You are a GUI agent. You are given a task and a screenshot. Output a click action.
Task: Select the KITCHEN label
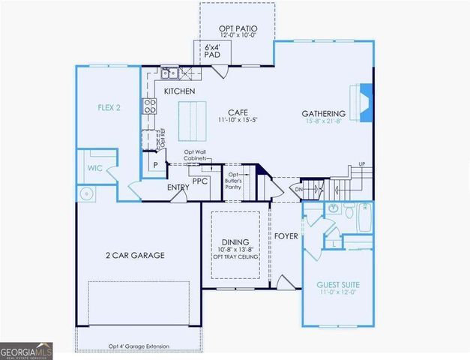click(x=179, y=91)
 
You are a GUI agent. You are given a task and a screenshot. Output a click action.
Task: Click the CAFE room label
click(x=238, y=112)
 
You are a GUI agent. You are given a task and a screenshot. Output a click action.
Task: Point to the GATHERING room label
click(x=323, y=114)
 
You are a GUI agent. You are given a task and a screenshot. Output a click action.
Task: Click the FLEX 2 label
click(x=109, y=107)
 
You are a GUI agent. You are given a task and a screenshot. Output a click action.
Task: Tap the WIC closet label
click(x=94, y=168)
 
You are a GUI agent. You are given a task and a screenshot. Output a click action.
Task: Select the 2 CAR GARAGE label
click(x=135, y=255)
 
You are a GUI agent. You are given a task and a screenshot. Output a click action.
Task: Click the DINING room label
click(x=235, y=241)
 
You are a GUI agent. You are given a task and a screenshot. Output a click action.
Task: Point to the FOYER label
click(x=286, y=236)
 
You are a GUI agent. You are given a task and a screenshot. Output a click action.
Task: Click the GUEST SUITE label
click(x=338, y=285)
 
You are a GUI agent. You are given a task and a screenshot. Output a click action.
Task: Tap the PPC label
click(x=199, y=181)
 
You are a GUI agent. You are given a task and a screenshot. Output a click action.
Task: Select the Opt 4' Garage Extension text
click(x=139, y=346)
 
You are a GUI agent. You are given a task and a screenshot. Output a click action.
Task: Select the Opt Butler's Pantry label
click(x=238, y=179)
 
